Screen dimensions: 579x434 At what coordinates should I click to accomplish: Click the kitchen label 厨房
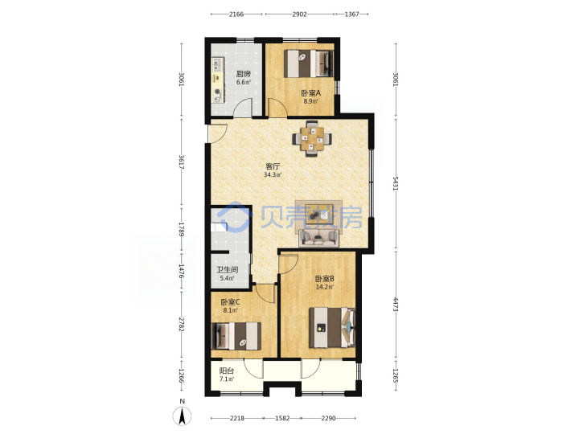[244, 74]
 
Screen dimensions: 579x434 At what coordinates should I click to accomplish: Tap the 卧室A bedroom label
[311, 93]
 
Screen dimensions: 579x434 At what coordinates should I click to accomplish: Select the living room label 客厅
[273, 166]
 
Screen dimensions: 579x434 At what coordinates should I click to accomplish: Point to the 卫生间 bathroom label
[227, 270]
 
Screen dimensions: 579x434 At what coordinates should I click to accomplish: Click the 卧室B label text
[325, 279]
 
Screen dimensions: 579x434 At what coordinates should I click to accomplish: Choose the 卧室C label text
[231, 302]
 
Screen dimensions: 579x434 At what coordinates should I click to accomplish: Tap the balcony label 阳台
[226, 371]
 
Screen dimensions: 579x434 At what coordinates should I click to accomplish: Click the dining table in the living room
[312, 139]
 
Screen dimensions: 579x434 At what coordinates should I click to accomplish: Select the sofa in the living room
[319, 237]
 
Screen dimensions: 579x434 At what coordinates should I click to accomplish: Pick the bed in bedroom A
[309, 63]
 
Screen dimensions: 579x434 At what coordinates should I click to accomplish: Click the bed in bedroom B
[332, 327]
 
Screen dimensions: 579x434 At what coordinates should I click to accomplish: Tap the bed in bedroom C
[236, 336]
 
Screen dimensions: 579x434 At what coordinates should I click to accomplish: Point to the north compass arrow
[182, 416]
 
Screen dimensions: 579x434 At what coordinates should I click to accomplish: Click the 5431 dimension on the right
[396, 183]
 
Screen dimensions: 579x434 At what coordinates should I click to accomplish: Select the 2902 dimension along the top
[299, 14]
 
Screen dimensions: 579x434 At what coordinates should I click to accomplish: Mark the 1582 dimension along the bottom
[282, 418]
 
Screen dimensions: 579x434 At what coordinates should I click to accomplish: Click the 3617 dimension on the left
[181, 162]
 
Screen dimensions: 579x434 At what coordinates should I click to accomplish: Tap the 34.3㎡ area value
[273, 175]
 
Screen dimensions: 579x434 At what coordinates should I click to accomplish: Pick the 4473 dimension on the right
[396, 304]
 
